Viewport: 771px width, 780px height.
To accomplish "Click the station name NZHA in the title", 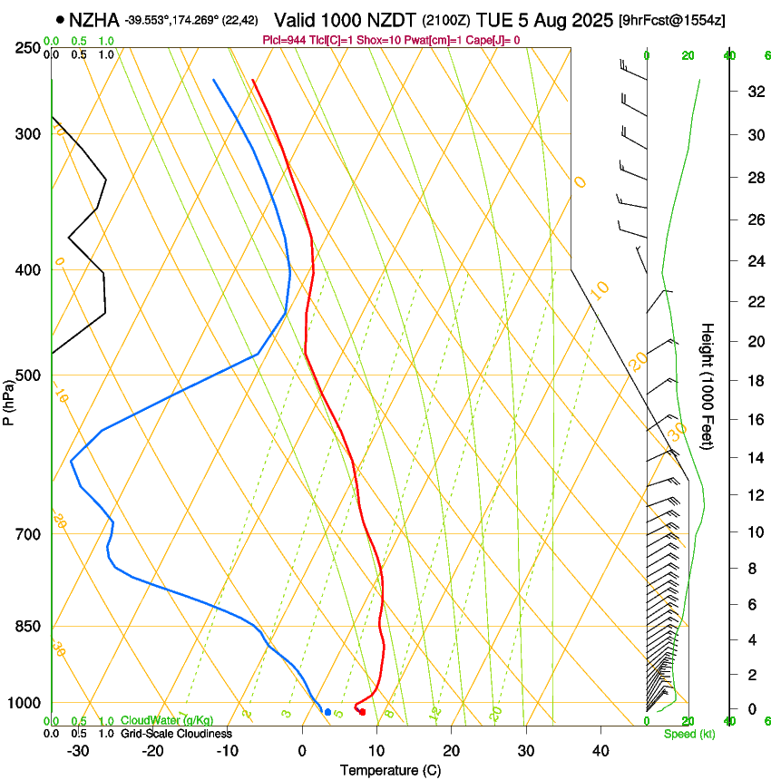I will [94, 19].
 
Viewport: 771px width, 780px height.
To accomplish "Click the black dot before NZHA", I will [60, 19].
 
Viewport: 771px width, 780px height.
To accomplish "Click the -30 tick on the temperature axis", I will [78, 750].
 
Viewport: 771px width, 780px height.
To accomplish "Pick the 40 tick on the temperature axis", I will [600, 750].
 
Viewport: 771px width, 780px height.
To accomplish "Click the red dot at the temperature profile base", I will [362, 712].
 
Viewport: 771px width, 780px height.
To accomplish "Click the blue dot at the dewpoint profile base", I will [327, 712].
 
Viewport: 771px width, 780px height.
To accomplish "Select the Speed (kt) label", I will [688, 734].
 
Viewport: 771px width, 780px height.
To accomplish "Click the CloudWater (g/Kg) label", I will [167, 721].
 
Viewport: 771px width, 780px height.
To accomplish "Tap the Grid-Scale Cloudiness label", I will [176, 734].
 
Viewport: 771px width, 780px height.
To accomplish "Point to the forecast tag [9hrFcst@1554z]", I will [671, 20].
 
